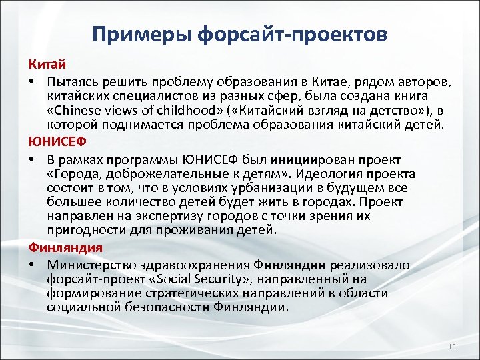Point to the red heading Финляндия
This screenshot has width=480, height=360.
point(65,247)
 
